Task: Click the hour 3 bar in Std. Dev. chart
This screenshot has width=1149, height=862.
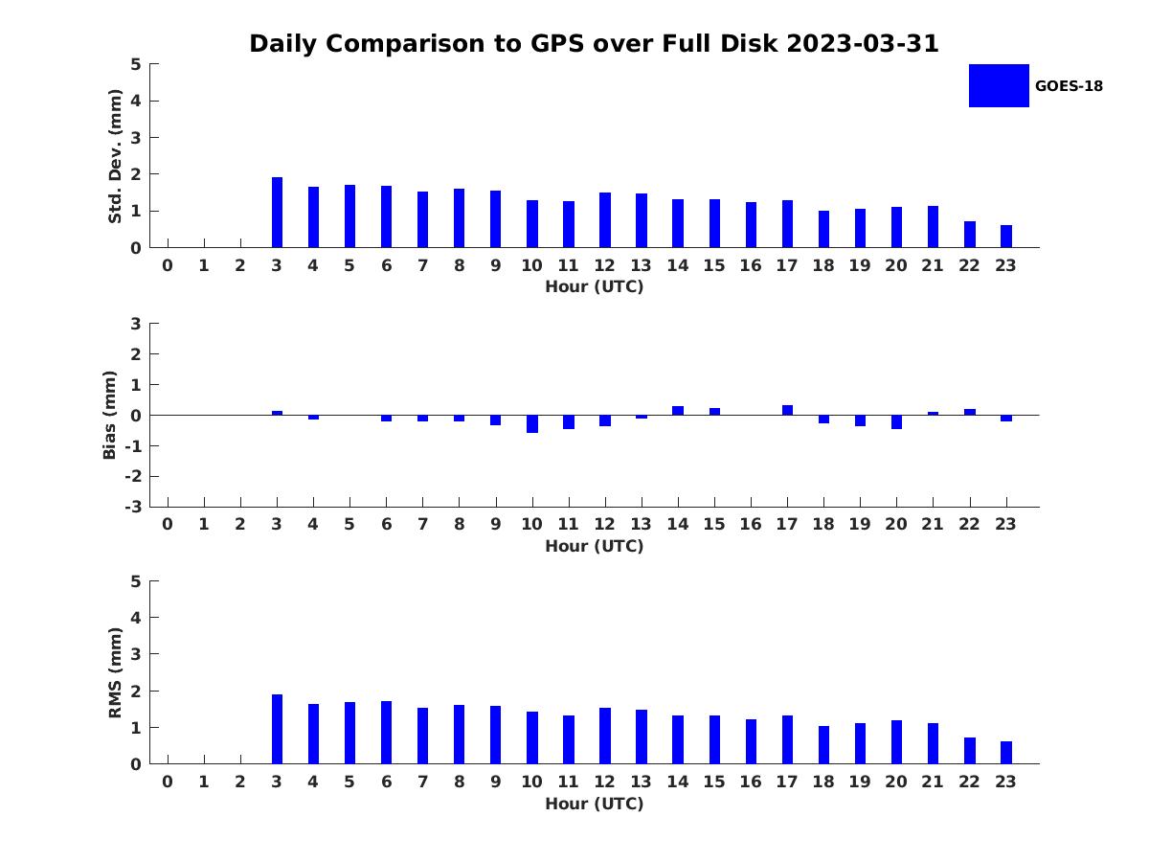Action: [277, 213]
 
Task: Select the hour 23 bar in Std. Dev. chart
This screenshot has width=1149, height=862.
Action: [1006, 237]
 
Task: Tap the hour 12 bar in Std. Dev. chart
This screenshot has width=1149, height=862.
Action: [605, 220]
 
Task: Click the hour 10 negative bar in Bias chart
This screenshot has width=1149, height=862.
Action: [532, 424]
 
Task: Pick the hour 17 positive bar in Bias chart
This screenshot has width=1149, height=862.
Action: [787, 410]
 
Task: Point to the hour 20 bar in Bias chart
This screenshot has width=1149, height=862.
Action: [896, 421]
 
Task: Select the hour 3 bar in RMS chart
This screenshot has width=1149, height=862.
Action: [277, 729]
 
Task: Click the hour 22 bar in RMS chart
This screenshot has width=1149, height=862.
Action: [970, 751]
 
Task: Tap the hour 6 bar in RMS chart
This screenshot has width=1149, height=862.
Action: [386, 733]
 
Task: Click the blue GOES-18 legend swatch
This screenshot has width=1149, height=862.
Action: [999, 86]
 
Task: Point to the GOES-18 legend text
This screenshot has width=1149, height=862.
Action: [1069, 86]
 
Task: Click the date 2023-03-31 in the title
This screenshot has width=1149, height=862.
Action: [862, 43]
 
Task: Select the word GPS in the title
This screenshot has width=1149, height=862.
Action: [557, 43]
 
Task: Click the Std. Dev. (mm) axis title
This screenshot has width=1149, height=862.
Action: [115, 156]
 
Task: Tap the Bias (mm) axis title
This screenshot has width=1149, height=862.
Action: [109, 415]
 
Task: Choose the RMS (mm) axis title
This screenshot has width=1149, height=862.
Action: [115, 672]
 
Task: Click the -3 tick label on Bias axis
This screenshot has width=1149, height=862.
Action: [133, 507]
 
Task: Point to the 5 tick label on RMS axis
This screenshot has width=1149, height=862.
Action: [136, 581]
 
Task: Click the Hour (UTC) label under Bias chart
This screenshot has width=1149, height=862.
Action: [595, 546]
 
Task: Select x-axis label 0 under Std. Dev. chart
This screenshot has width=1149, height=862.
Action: [168, 265]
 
